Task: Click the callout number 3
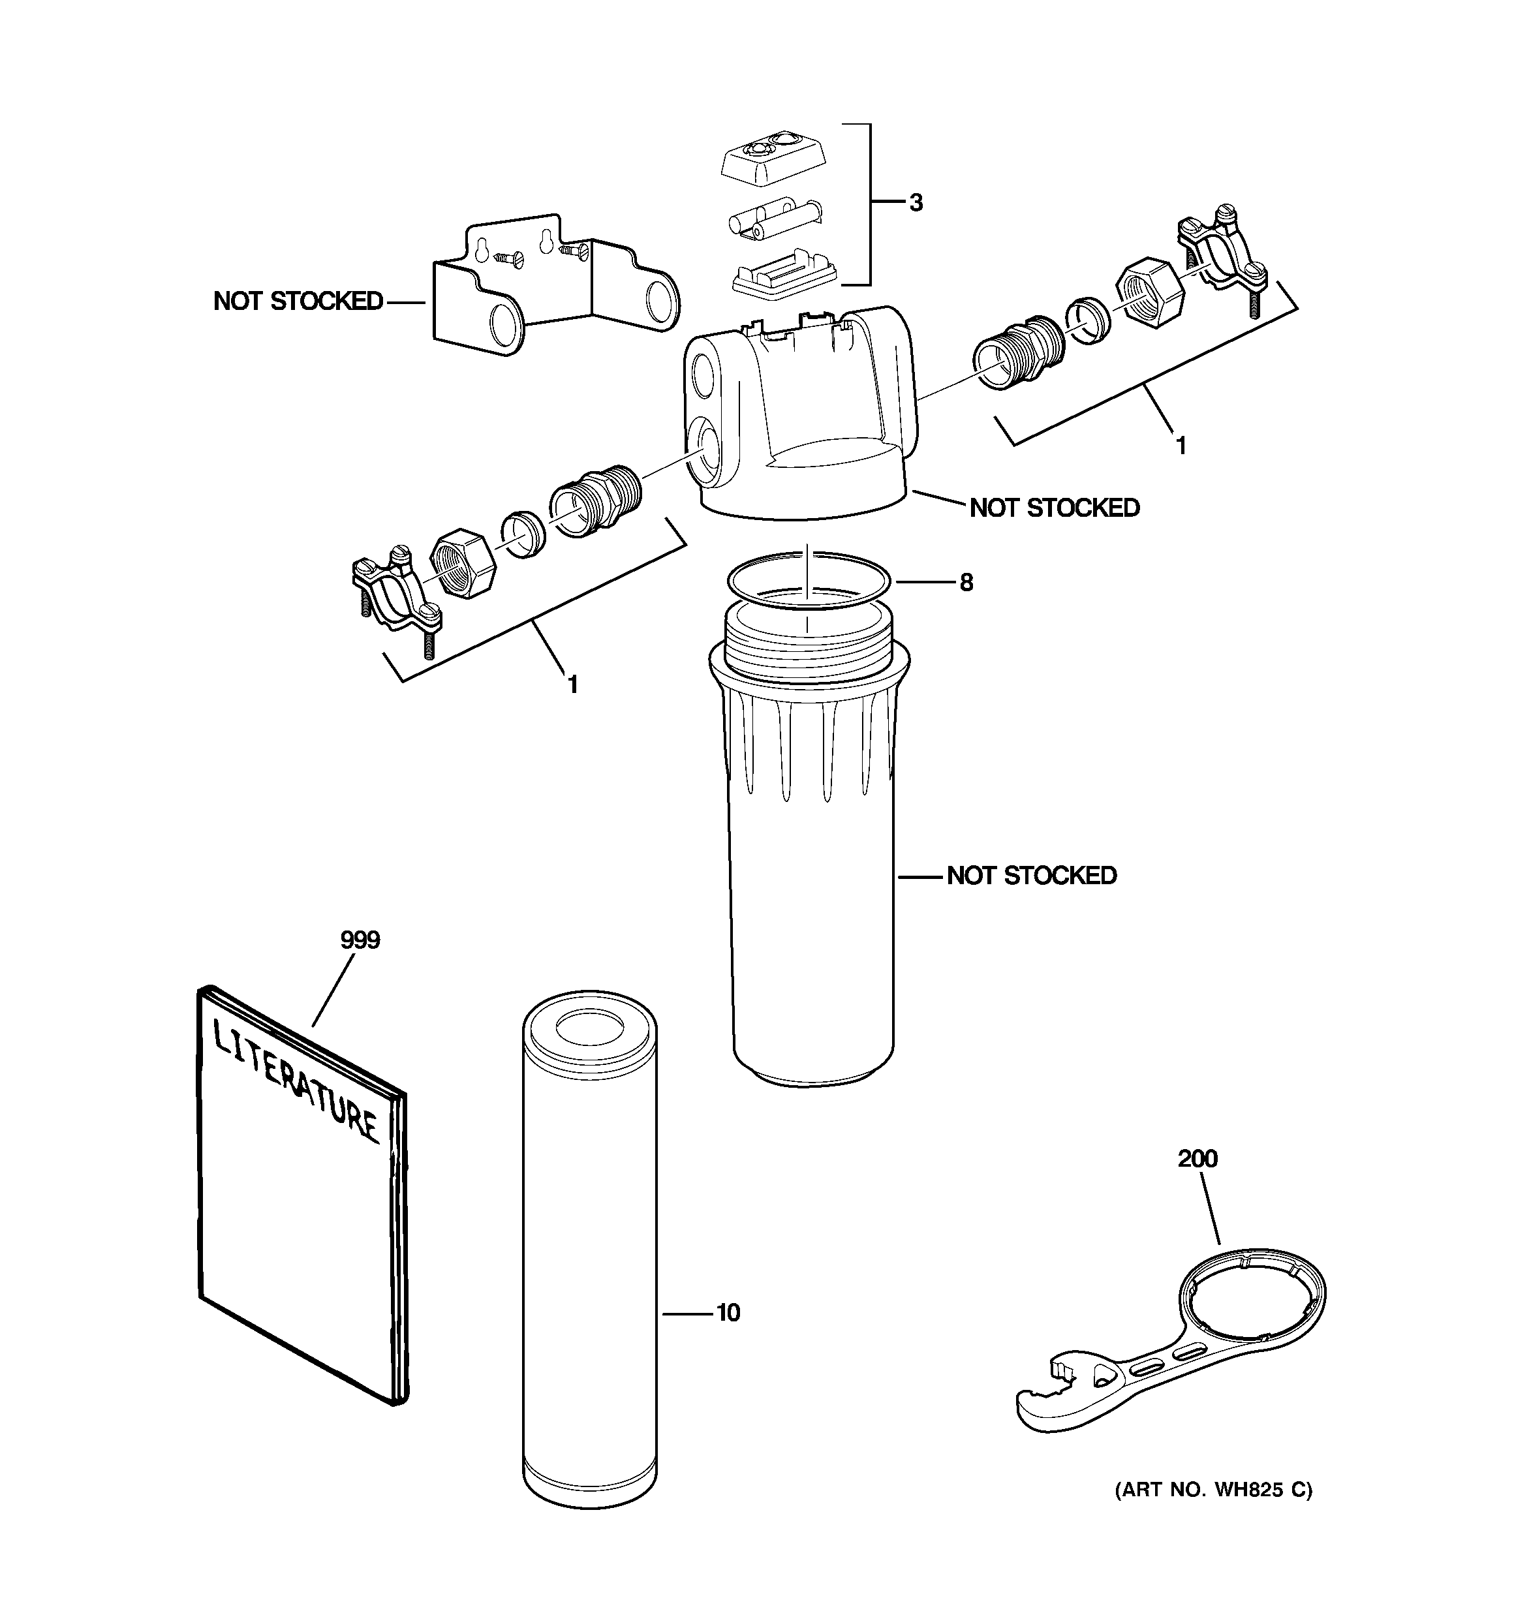coord(916,203)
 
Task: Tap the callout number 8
coord(965,583)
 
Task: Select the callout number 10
coord(728,1313)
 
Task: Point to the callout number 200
coord(1197,1158)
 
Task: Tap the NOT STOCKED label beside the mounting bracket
coord(298,301)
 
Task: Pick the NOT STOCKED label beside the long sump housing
coord(1031,876)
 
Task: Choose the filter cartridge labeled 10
coord(589,1251)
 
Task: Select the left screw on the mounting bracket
coord(509,258)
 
